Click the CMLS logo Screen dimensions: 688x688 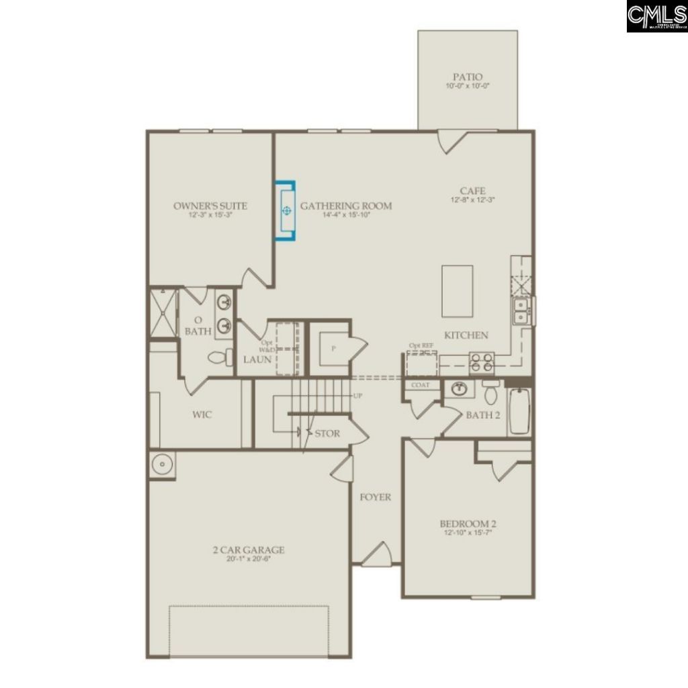pyautogui.click(x=655, y=16)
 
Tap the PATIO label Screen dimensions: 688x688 pyautogui.click(x=468, y=78)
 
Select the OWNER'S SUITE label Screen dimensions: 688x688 pyautogui.click(x=210, y=206)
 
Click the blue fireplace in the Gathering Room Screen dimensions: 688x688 pyautogui.click(x=288, y=210)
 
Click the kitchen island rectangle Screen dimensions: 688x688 pyautogui.click(x=457, y=291)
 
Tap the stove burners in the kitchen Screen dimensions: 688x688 pyautogui.click(x=482, y=362)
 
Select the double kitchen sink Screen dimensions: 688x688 pyautogui.click(x=520, y=311)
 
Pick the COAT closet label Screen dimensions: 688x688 pyautogui.click(x=421, y=386)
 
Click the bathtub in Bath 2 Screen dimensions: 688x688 pyautogui.click(x=519, y=411)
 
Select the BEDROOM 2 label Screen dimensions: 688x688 pyautogui.click(x=468, y=524)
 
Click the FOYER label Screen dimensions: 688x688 pyautogui.click(x=376, y=497)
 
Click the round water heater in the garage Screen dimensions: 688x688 pyautogui.click(x=161, y=464)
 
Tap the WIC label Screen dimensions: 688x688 pyautogui.click(x=202, y=415)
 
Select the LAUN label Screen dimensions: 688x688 pyautogui.click(x=257, y=359)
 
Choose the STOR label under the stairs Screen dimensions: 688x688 pyautogui.click(x=327, y=433)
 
